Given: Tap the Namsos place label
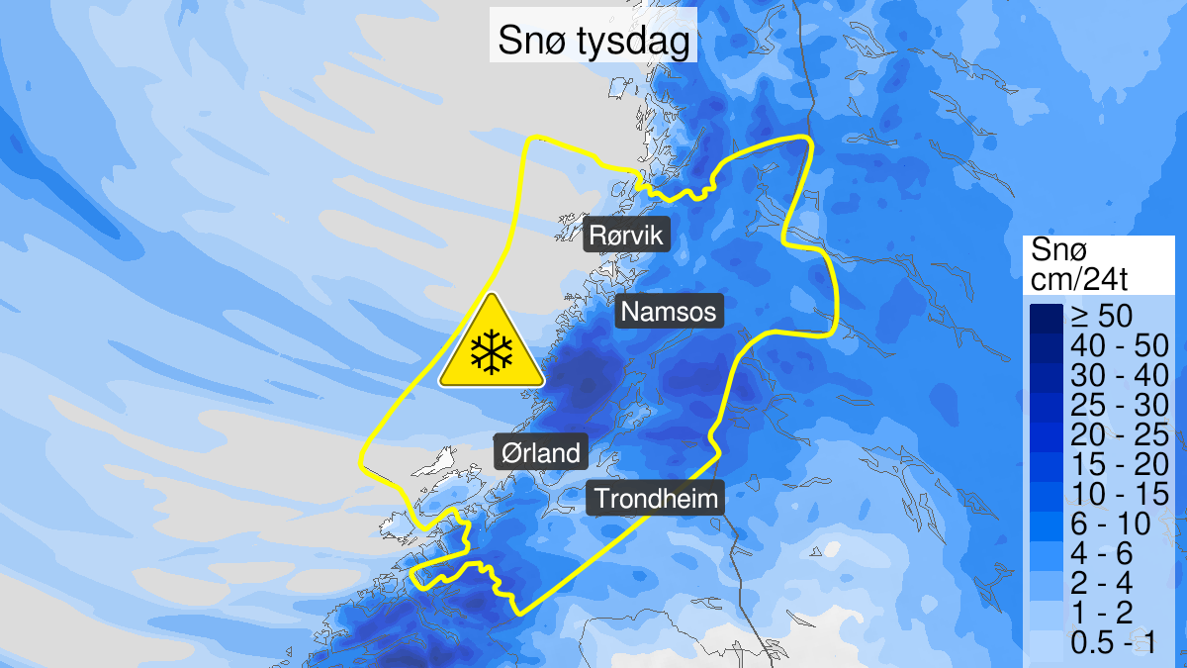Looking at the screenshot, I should coord(670,313).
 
